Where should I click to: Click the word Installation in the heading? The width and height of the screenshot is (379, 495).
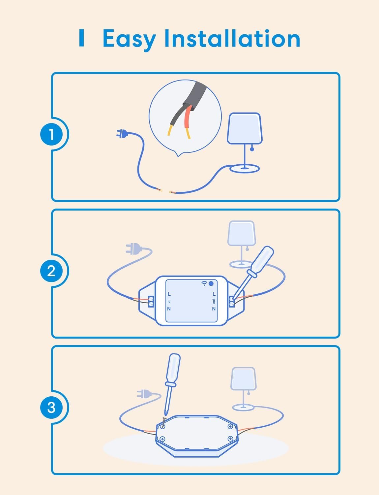coord(232,38)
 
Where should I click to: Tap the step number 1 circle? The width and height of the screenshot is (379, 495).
coord(51,134)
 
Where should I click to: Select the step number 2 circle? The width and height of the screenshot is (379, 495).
coord(51,271)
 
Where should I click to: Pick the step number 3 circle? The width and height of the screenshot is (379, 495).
coord(51,407)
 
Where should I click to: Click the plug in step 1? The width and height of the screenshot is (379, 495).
coord(122,134)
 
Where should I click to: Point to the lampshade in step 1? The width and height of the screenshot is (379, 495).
coord(245,128)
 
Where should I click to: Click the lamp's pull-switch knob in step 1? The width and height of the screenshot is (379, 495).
coord(252,149)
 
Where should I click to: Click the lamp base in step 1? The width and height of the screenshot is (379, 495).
coord(245,169)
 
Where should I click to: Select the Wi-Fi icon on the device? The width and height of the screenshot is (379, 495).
coord(205,283)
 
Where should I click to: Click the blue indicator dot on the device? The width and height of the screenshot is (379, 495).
coord(211,283)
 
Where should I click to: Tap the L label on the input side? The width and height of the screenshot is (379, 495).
coord(169,294)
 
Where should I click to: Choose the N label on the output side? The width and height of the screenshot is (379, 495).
coord(214,309)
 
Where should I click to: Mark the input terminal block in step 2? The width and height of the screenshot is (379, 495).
coord(151,301)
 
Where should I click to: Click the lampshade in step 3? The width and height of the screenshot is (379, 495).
coord(244,379)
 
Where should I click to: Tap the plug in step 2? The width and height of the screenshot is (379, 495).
coord(133,249)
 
